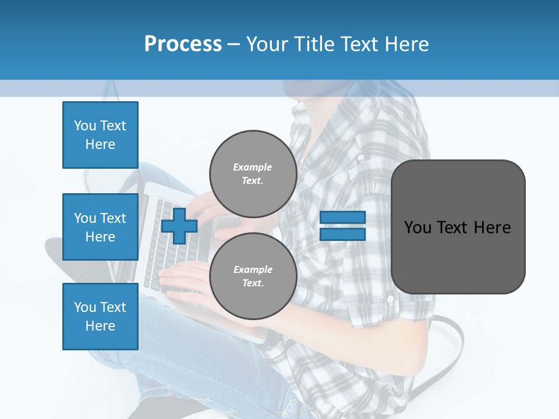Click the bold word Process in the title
point(183,44)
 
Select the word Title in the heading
point(313,44)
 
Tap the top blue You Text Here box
point(100,135)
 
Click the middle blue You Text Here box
point(100,227)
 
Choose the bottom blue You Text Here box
point(100,317)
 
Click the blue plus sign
point(179,226)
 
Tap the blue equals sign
point(343,226)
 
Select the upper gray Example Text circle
point(253,174)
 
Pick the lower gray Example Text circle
point(253,276)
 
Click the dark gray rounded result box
point(458,227)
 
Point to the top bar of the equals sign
point(343,218)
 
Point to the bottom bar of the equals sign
point(343,235)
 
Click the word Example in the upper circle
point(252,167)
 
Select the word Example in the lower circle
point(253,269)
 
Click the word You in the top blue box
point(85,126)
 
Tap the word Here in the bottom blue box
point(100,326)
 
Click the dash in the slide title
point(234,44)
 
